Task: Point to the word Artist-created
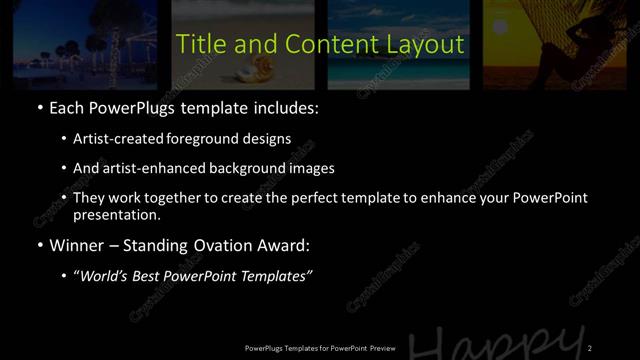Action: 116,139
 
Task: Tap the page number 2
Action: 590,347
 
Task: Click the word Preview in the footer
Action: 379,347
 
